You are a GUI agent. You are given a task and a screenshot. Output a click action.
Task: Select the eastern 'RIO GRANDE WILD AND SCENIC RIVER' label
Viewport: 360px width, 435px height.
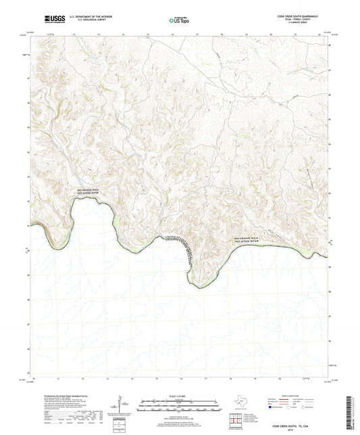(x=251, y=240)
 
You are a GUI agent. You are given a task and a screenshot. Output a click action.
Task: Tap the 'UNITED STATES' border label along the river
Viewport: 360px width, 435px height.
(x=178, y=238)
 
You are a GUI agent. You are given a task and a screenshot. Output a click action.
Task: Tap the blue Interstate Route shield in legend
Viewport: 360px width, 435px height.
(x=272, y=408)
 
